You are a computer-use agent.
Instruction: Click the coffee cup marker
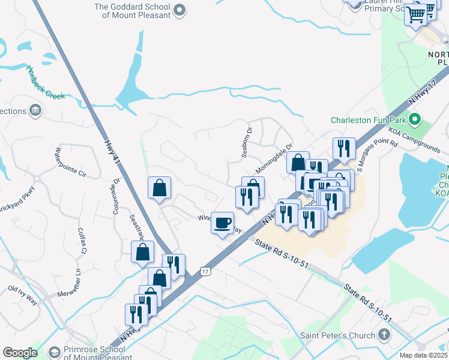(x=223, y=223)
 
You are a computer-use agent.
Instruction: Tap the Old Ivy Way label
(x=22, y=295)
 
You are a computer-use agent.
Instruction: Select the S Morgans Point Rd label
(x=378, y=155)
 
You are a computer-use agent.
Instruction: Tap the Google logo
(x=20, y=353)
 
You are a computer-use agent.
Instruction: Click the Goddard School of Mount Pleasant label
(x=132, y=11)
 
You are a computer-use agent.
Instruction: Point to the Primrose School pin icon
(x=55, y=352)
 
